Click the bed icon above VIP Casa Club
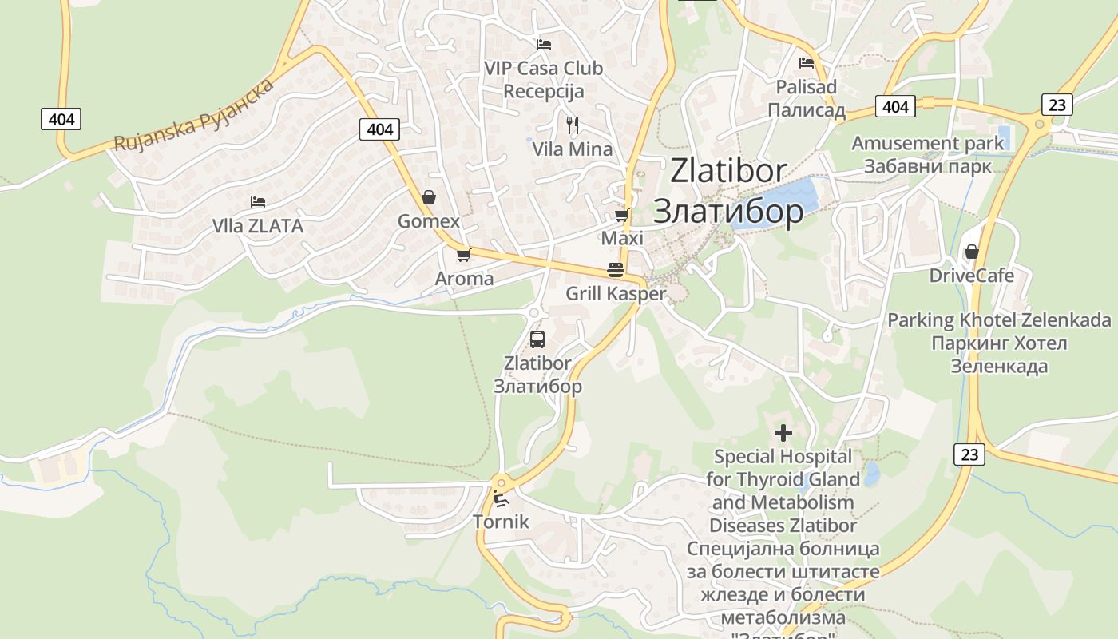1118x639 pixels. pos(544,45)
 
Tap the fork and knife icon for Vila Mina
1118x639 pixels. pos(572,125)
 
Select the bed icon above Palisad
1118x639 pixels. pos(807,63)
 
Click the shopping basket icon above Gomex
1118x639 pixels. pos(429,197)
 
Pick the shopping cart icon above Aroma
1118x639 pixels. pos(463,256)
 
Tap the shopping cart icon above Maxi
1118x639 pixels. pos(621,215)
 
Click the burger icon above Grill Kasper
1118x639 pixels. pos(615,270)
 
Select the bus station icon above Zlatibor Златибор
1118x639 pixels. pos(537,339)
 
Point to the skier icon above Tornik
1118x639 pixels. pos(501,499)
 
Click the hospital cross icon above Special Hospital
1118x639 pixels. pos(783,433)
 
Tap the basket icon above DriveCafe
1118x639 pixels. pos(971,252)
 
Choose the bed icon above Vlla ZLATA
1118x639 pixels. pos(257,202)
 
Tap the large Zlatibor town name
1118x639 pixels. pos(728,191)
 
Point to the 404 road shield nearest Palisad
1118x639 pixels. pos(895,106)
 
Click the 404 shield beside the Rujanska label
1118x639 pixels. pos(61,120)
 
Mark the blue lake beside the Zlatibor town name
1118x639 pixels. pos(778,202)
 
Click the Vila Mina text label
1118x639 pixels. pos(573,149)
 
